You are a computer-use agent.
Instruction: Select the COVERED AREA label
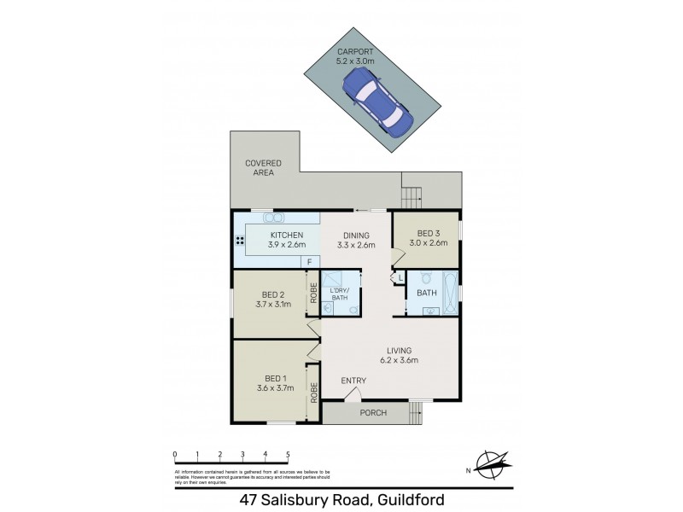[x=263, y=167]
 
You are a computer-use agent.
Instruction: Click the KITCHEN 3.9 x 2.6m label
[x=288, y=240]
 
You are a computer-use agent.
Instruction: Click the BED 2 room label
[x=273, y=298]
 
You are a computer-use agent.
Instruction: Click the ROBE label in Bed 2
[x=314, y=294]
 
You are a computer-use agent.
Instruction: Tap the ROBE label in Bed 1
[x=314, y=393]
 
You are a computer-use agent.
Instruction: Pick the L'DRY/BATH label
[x=340, y=294]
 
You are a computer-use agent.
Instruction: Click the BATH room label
[x=427, y=294]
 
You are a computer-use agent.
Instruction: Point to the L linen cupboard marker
[x=400, y=277]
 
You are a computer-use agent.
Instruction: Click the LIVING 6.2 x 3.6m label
[x=399, y=355]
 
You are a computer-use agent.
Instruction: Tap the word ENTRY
[x=353, y=381]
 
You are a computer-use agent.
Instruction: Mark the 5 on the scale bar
[x=289, y=454]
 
